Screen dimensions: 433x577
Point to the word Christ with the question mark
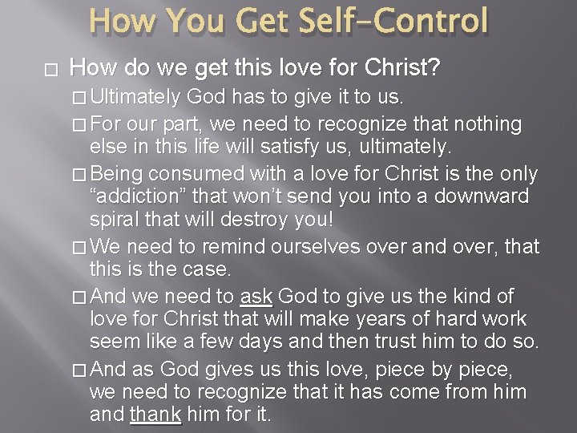coord(408,69)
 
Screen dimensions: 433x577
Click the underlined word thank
coord(155,415)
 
